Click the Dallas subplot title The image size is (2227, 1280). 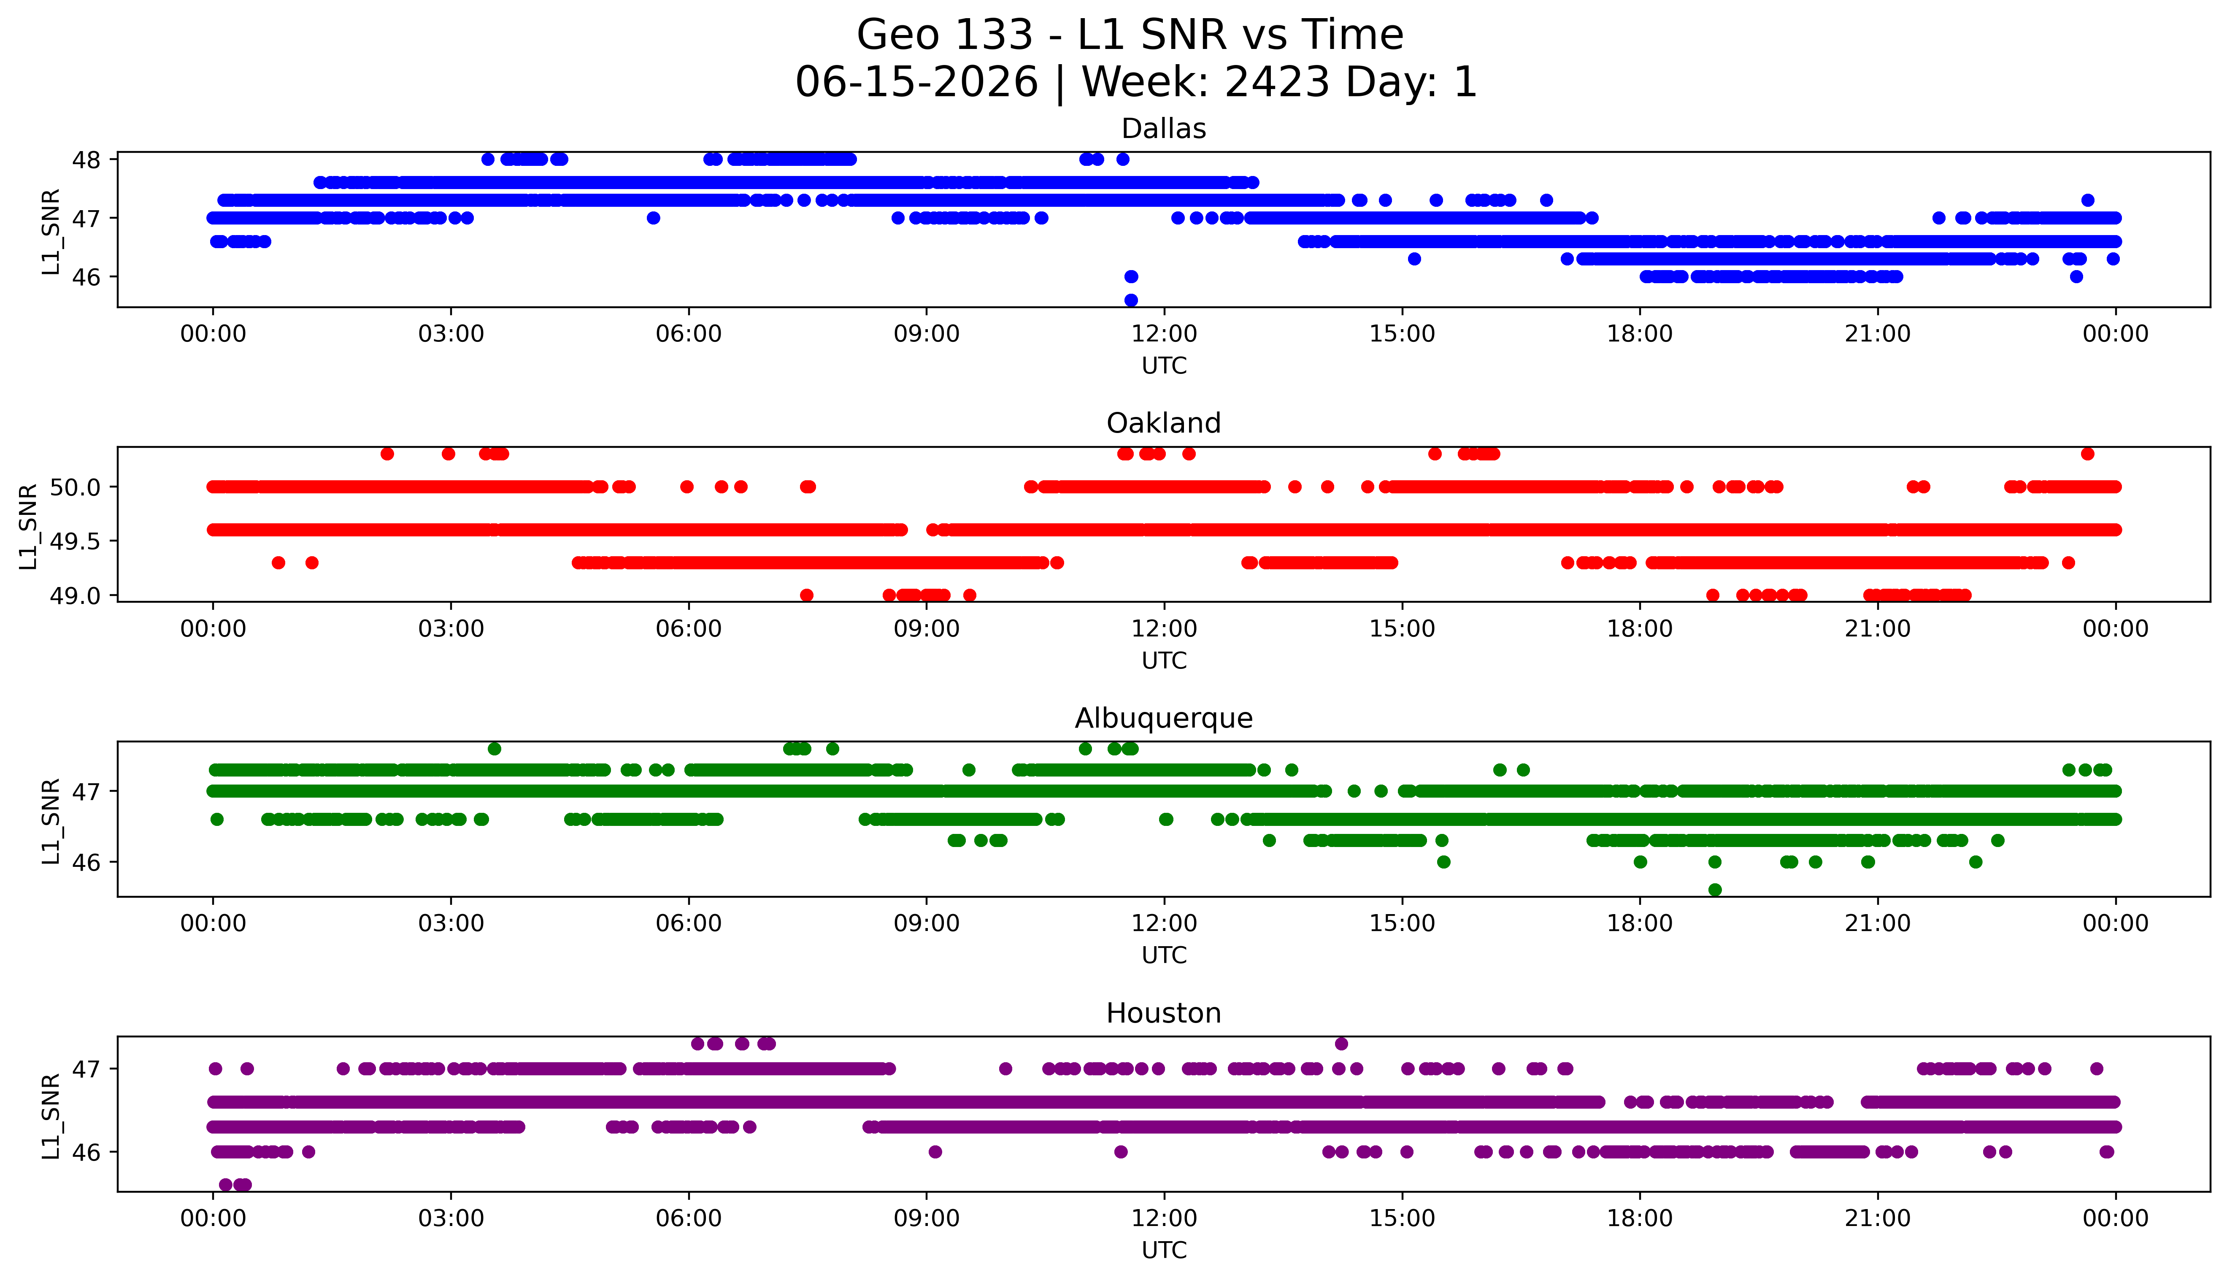[1164, 129]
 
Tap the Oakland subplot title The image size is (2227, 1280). [1164, 424]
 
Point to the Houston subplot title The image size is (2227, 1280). [1164, 1014]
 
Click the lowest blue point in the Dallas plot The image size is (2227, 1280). [1131, 300]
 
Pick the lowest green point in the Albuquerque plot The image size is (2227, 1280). [1715, 890]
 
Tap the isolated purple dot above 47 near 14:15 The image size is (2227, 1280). [1341, 1044]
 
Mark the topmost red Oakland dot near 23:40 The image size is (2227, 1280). [2087, 454]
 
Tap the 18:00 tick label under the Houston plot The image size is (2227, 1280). [1640, 1218]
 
